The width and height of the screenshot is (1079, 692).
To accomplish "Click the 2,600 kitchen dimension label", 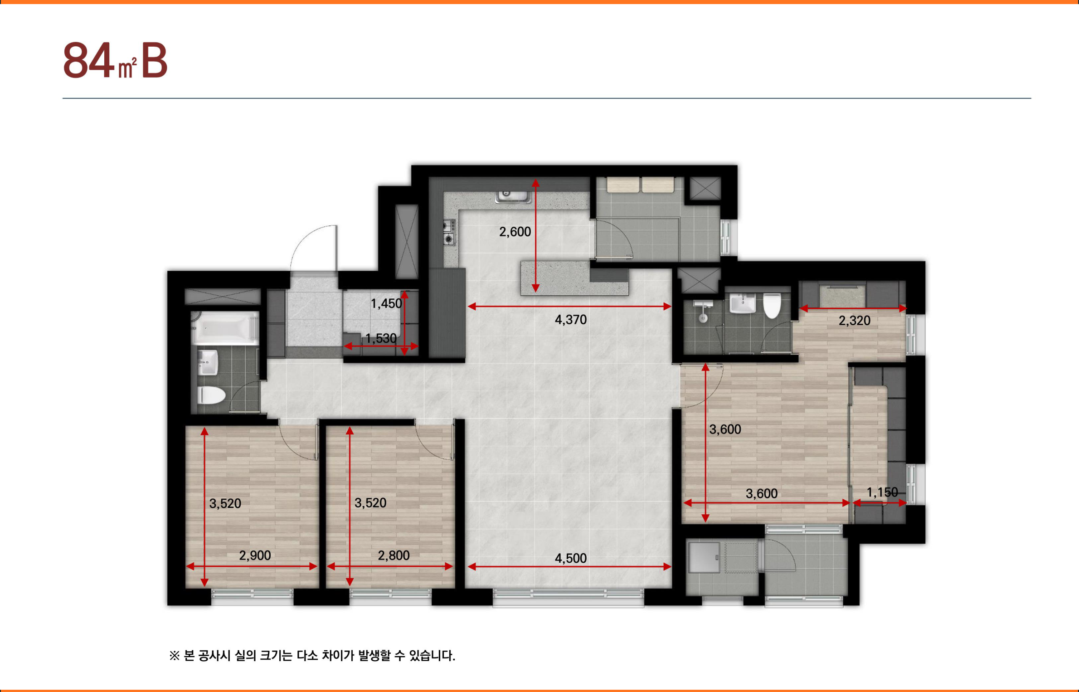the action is [515, 232].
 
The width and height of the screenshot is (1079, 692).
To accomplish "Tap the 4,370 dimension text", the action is [571, 320].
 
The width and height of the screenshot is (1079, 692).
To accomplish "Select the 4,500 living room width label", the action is [571, 558].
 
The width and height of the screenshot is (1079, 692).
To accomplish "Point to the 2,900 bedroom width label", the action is [255, 556].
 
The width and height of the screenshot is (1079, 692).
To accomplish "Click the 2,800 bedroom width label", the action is [394, 556].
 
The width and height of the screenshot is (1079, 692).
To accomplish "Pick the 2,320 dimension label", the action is [855, 321].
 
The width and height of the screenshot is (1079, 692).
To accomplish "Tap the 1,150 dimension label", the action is [882, 492].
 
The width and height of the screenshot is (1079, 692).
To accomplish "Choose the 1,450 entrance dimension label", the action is [386, 303].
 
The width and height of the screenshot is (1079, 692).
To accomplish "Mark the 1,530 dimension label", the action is [381, 338].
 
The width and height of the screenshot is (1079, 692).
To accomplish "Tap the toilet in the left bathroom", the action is [211, 395].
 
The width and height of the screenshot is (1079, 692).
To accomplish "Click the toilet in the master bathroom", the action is [772, 305].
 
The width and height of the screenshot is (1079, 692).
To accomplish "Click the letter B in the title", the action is [154, 61].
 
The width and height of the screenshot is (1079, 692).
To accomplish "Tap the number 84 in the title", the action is [89, 60].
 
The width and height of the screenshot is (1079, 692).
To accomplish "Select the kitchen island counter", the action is [574, 278].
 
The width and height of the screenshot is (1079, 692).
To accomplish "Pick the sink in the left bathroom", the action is [208, 362].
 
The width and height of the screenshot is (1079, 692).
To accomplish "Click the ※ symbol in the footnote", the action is [175, 656].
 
